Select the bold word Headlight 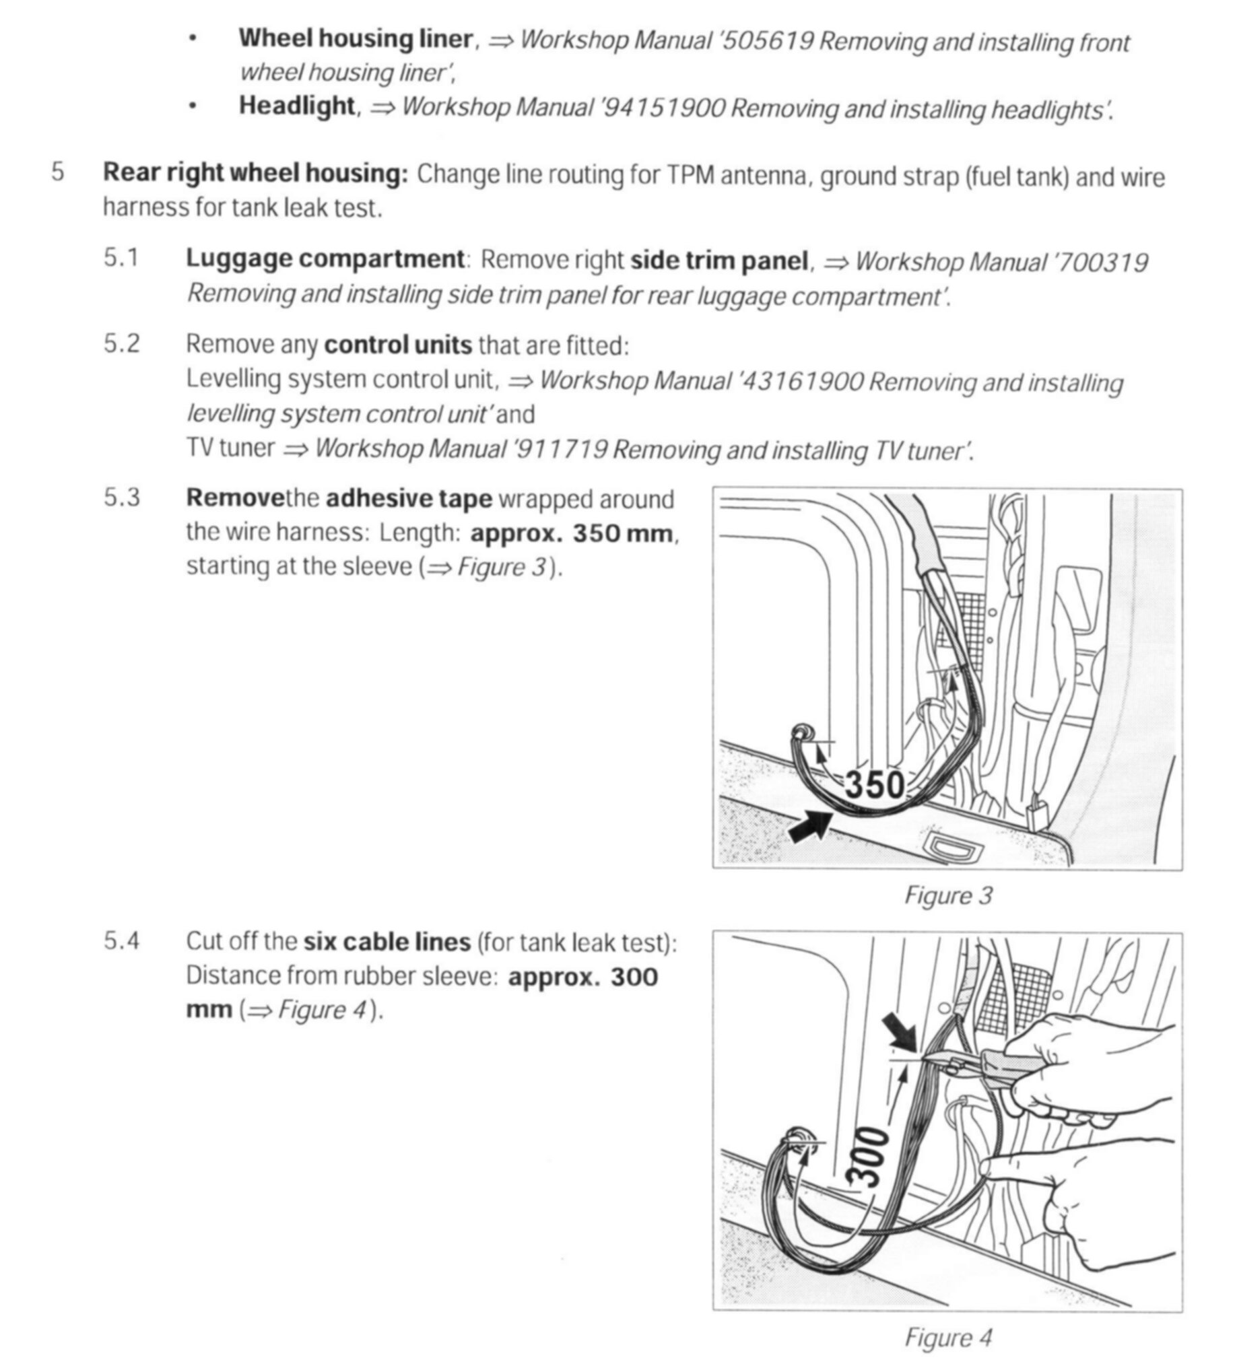(x=297, y=106)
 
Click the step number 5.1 (x=121, y=259)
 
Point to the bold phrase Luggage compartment (x=325, y=260)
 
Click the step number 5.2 (x=121, y=344)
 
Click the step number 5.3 (x=121, y=498)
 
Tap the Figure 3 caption (x=948, y=895)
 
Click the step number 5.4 (x=121, y=941)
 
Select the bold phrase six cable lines (x=387, y=943)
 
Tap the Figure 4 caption (x=948, y=1338)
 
